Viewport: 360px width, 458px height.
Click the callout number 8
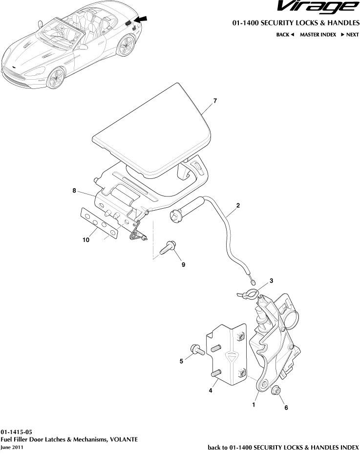click(x=74, y=191)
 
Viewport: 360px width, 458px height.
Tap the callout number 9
click(x=184, y=264)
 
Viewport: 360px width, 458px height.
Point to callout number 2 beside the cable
click(x=238, y=206)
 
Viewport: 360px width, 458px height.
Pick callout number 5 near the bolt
click(x=181, y=361)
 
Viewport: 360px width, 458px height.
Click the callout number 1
click(x=254, y=405)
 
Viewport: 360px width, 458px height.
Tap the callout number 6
click(x=286, y=407)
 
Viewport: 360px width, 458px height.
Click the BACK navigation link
click(x=285, y=35)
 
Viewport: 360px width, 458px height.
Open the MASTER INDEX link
click(x=318, y=35)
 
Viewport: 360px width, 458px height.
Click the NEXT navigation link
click(x=350, y=35)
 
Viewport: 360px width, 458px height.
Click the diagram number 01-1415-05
click(x=17, y=433)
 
